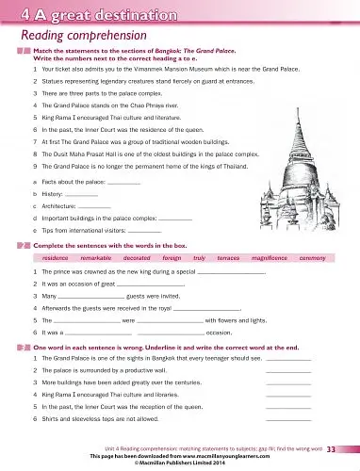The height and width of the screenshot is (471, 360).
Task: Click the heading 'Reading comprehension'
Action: [x=72, y=35]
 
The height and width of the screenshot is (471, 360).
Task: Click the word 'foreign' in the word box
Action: [x=172, y=256]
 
